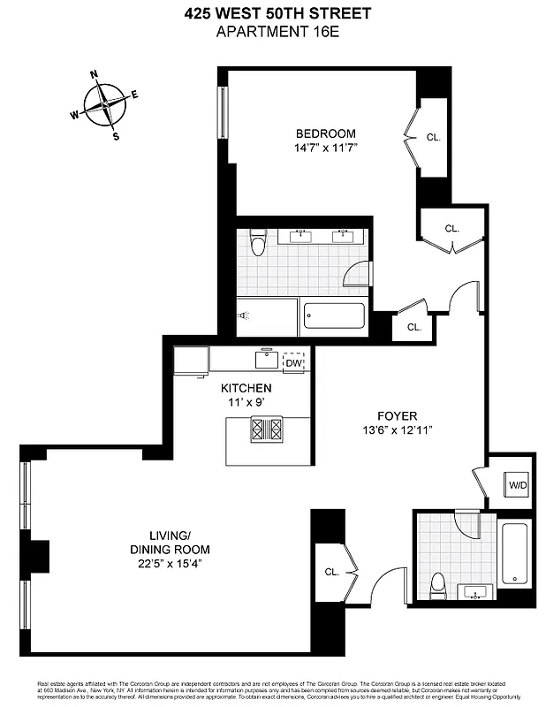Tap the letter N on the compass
[95, 77]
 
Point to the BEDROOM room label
[325, 133]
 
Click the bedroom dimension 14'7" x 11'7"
[325, 148]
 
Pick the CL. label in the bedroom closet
[433, 138]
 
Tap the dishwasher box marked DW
[294, 362]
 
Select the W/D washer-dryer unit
[516, 484]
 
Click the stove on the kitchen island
[268, 430]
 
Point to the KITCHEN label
[246, 388]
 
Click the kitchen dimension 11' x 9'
[246, 402]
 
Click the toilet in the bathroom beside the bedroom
[258, 242]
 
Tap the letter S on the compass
[116, 136]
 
